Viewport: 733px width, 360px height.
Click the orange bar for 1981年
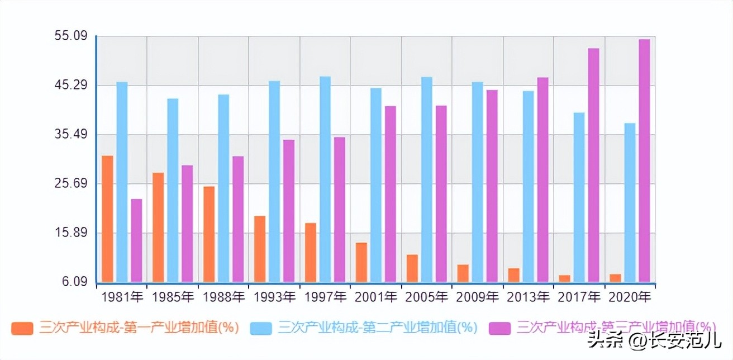[107, 219]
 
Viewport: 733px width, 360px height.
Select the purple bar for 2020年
[644, 160]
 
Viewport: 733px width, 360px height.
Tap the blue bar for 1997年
[325, 179]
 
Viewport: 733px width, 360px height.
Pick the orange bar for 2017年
[564, 278]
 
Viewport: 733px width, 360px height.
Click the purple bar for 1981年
[136, 240]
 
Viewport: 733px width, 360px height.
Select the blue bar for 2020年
[630, 202]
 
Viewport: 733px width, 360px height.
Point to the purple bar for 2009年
[492, 186]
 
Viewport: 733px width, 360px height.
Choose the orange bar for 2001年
[361, 262]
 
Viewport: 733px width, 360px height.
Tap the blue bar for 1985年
[173, 190]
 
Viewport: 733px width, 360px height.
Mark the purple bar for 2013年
[542, 179]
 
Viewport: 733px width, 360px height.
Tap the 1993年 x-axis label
[274, 296]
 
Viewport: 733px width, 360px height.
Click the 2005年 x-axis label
[426, 296]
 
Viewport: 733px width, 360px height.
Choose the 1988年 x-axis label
[223, 296]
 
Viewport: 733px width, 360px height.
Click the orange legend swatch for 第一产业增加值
[23, 328]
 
